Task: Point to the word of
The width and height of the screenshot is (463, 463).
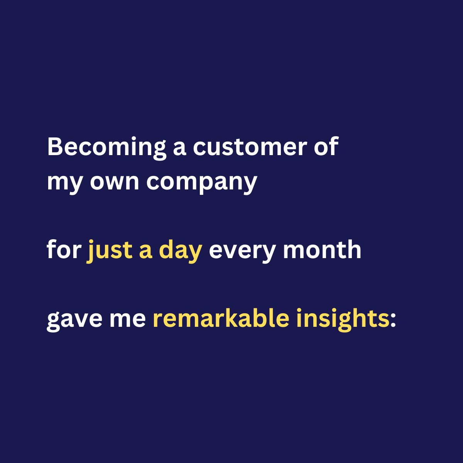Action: (x=328, y=147)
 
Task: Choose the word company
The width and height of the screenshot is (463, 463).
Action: (x=201, y=182)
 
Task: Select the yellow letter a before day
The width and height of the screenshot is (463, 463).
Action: (x=145, y=251)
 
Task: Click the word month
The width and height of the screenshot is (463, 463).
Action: (x=322, y=250)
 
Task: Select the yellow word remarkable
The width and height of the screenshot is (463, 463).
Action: (x=221, y=319)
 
